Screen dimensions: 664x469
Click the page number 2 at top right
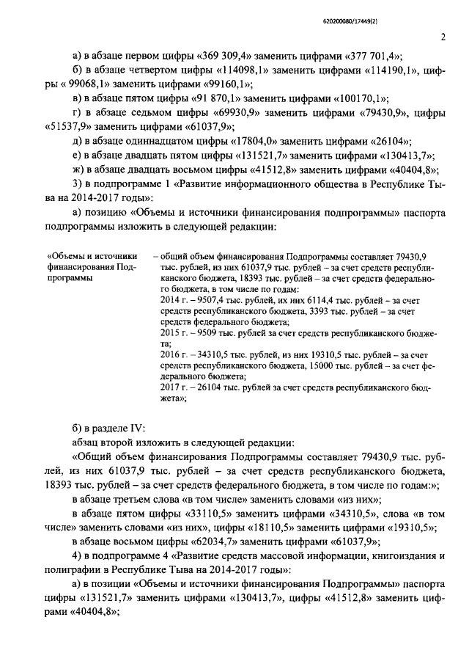tap(443, 37)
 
